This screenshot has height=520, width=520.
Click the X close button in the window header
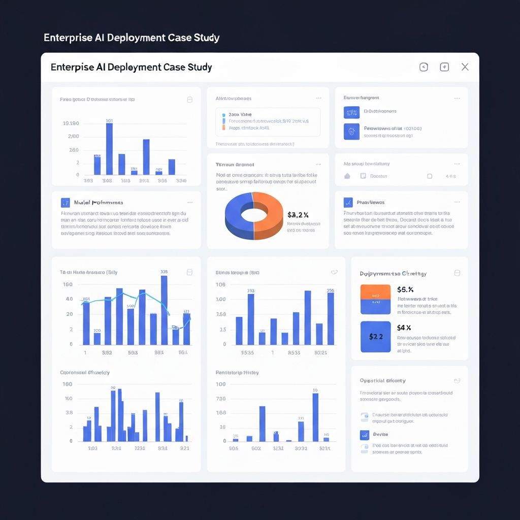(465, 67)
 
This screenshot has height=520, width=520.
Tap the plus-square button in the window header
(444, 67)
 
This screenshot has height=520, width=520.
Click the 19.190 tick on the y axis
(71, 123)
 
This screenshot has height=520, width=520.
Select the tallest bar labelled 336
(164, 310)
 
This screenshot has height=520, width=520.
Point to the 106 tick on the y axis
(220, 284)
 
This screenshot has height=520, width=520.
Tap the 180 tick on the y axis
(67, 384)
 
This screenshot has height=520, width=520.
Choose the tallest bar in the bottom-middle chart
(315, 417)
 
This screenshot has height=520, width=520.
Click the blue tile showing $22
(375, 337)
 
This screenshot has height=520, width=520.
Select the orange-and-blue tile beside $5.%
(375, 299)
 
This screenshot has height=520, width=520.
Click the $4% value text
(404, 328)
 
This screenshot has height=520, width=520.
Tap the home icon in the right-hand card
(347, 176)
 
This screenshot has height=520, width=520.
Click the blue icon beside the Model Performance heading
(65, 202)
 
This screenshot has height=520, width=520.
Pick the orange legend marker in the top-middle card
(223, 128)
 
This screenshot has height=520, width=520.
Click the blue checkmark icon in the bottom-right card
(364, 435)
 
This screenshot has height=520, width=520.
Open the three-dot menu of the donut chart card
(318, 165)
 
